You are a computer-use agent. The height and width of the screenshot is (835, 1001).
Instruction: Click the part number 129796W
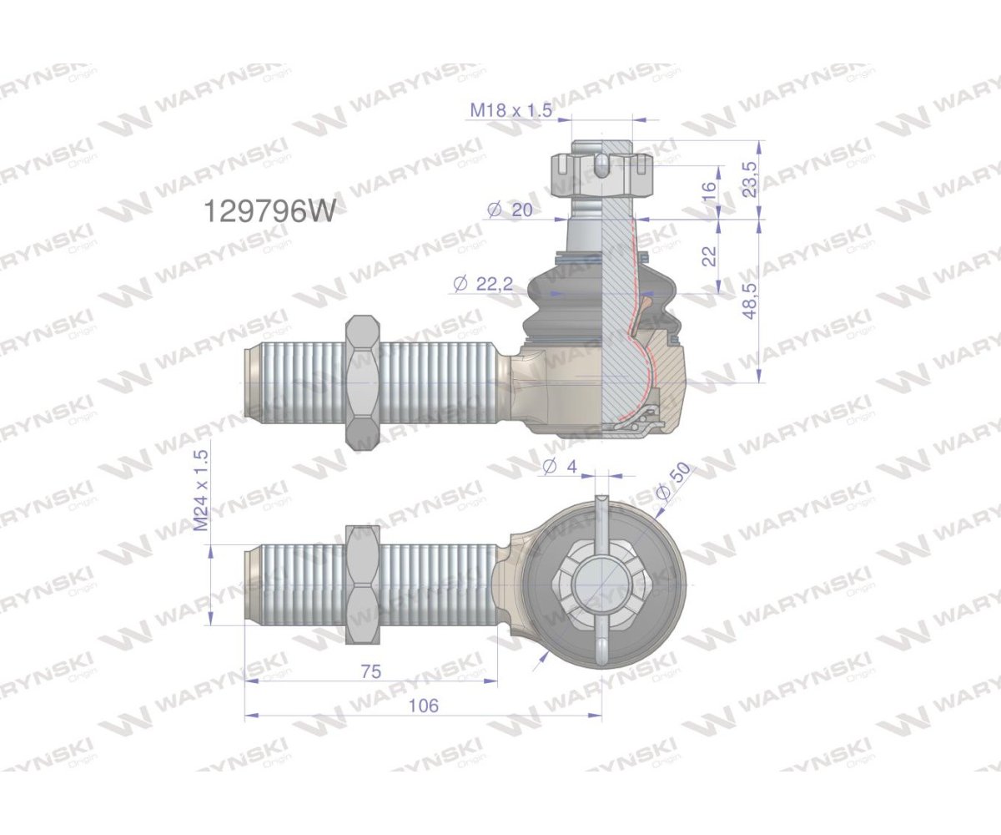coord(270,210)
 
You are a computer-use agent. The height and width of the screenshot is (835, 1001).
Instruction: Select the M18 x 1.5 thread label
coord(511,110)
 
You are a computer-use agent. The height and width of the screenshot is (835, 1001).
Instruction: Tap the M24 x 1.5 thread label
coord(203,490)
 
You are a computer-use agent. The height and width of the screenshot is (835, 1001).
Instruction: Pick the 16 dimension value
coord(711,190)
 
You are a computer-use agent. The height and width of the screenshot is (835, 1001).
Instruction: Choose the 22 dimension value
coord(710,256)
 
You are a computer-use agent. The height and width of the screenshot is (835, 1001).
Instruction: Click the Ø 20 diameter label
coord(509,210)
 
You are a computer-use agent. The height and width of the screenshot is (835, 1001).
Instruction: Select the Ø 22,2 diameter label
coord(483,284)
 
